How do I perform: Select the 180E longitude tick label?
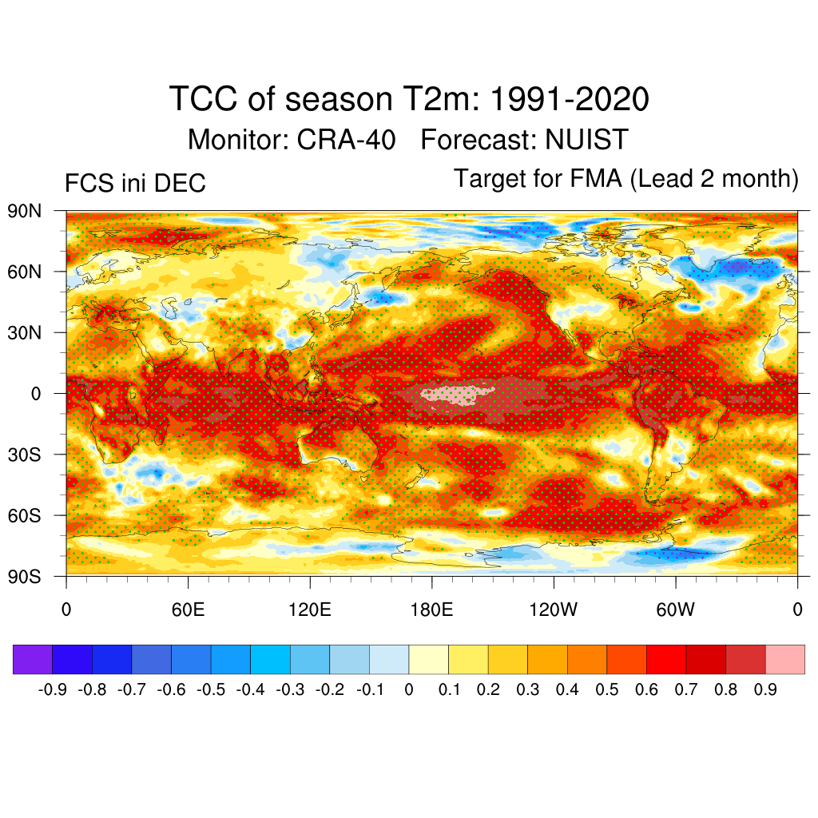[431, 611]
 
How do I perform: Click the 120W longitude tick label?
[554, 611]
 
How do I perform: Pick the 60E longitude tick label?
[188, 611]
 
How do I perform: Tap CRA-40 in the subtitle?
[346, 140]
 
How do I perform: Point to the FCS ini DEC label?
[135, 184]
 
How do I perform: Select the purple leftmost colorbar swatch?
[33, 659]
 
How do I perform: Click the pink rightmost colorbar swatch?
[784, 659]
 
